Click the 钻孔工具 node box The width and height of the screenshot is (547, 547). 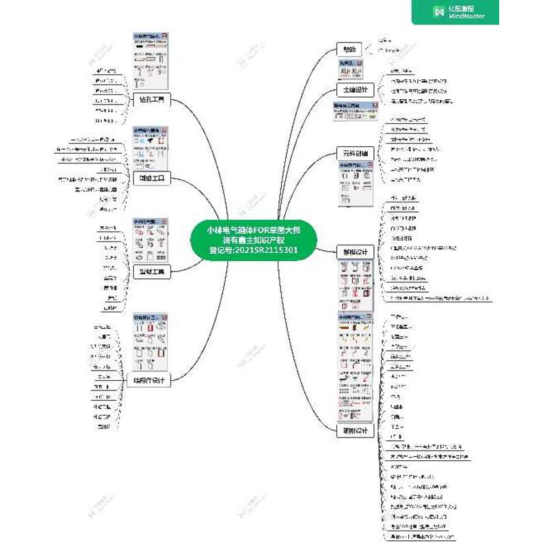(150, 100)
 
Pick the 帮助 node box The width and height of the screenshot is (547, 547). (349, 49)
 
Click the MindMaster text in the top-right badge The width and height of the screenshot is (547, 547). (468, 16)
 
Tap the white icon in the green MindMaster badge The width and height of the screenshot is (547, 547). (439, 12)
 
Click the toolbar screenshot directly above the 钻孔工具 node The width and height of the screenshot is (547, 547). (150, 61)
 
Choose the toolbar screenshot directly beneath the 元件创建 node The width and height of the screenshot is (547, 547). (354, 183)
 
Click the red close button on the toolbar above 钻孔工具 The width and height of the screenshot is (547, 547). (167, 34)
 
